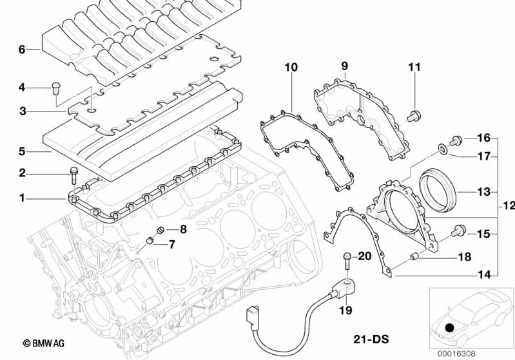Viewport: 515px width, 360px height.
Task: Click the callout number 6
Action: coord(22,50)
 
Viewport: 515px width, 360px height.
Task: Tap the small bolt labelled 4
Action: coord(55,88)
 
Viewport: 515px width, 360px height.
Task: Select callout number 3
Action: coord(22,111)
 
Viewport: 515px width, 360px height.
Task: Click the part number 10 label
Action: coord(291,66)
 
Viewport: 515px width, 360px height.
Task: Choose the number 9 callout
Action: coord(344,66)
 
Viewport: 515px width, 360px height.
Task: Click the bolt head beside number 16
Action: coord(457,138)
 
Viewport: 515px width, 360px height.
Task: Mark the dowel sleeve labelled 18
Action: coord(416,258)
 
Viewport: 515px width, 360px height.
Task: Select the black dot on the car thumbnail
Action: coord(449,328)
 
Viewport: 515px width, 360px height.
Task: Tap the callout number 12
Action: coord(508,206)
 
